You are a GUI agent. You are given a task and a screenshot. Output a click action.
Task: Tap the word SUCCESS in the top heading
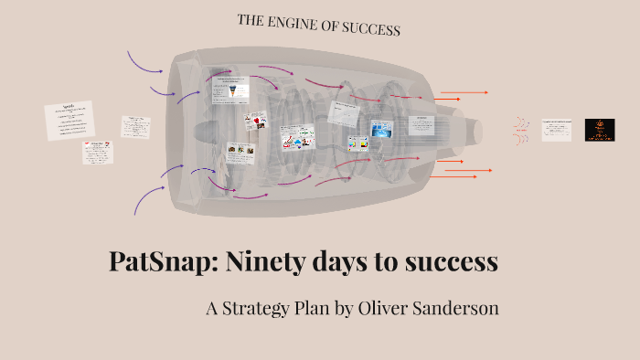click(369, 28)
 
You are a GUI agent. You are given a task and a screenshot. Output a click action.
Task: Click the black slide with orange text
click(600, 129)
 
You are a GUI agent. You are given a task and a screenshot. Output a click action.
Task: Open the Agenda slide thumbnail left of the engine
click(69, 121)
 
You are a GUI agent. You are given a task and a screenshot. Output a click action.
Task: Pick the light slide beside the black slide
click(556, 129)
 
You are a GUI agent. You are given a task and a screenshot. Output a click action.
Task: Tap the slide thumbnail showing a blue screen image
click(380, 129)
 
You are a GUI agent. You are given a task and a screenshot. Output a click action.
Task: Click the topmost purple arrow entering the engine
click(144, 62)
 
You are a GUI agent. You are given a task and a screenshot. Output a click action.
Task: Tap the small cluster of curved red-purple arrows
click(521, 130)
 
